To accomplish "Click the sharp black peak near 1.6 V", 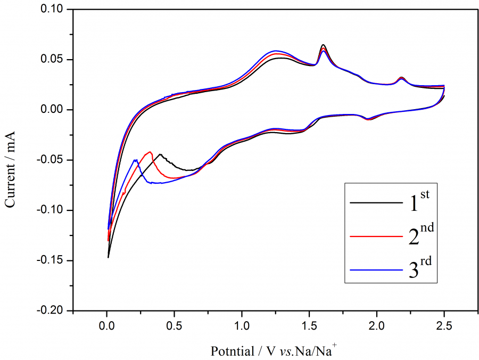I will tap(323, 45).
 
